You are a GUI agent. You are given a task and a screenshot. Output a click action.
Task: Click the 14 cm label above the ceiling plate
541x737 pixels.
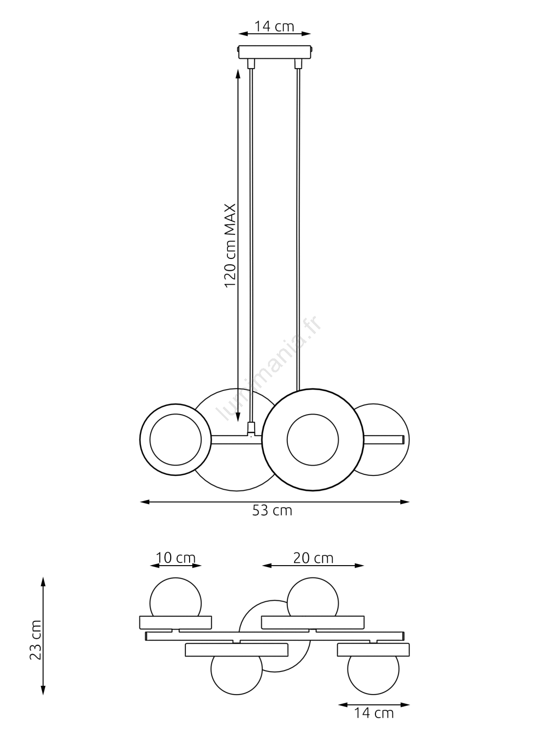click(x=274, y=27)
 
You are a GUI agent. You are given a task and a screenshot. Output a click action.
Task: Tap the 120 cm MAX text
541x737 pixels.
click(x=230, y=246)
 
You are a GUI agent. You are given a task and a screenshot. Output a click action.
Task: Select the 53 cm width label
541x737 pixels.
click(x=272, y=510)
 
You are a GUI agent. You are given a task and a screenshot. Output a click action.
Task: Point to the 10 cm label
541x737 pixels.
click(x=175, y=558)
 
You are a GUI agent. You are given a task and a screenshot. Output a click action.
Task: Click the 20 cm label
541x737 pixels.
click(x=313, y=558)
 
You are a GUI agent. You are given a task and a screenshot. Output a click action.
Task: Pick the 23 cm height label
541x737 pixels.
click(x=36, y=640)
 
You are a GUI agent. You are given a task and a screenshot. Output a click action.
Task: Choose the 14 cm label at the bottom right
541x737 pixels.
click(x=374, y=713)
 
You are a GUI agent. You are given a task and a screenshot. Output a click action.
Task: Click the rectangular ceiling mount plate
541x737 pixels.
click(x=274, y=52)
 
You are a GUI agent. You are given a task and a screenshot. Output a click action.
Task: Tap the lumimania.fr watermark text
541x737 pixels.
click(x=270, y=368)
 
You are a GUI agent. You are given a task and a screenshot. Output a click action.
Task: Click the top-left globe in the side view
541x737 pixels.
click(x=175, y=597)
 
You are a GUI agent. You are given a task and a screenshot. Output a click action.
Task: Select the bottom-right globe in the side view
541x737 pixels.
click(x=373, y=673)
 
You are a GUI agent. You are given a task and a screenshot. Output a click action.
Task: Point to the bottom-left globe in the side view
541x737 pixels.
click(x=237, y=673)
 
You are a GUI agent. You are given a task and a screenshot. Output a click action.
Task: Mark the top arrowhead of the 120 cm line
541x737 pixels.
click(x=238, y=72)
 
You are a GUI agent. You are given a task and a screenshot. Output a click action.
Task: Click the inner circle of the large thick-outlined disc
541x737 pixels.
click(x=313, y=439)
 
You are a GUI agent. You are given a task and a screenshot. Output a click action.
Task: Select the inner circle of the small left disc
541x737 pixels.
click(x=175, y=439)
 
